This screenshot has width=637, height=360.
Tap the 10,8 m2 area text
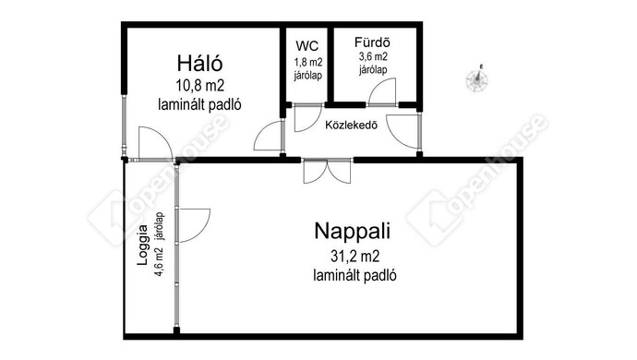click(201, 86)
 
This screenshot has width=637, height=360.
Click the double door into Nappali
click(327, 170)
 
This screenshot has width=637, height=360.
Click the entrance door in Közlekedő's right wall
click(406, 132)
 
